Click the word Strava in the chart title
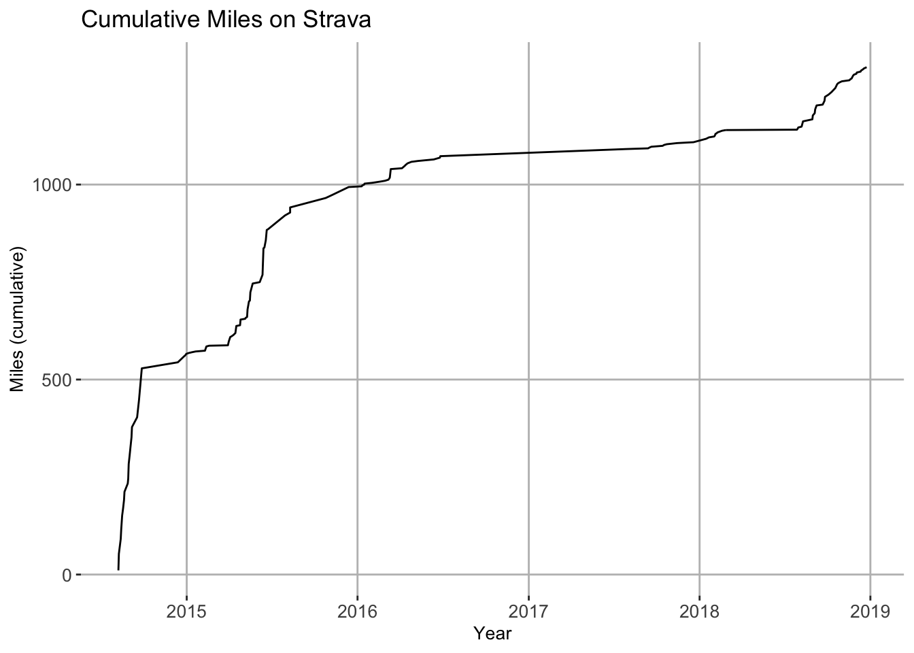click(x=337, y=20)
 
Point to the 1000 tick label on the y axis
click(x=52, y=186)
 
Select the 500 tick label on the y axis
click(x=56, y=380)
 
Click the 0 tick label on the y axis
click(x=67, y=575)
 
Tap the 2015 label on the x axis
click(x=186, y=612)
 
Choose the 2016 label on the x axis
click(x=358, y=612)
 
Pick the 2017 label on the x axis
click(x=529, y=612)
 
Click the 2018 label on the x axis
click(x=700, y=612)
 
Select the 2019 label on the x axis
click(x=870, y=612)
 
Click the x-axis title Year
click(x=492, y=634)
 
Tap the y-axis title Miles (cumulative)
click(x=17, y=320)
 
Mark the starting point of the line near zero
click(x=118, y=570)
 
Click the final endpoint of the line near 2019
click(x=866, y=67)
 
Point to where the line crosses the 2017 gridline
click(x=529, y=152)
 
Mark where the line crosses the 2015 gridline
click(x=186, y=354)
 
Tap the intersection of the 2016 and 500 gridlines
click(x=358, y=380)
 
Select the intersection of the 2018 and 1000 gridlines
click(x=700, y=185)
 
